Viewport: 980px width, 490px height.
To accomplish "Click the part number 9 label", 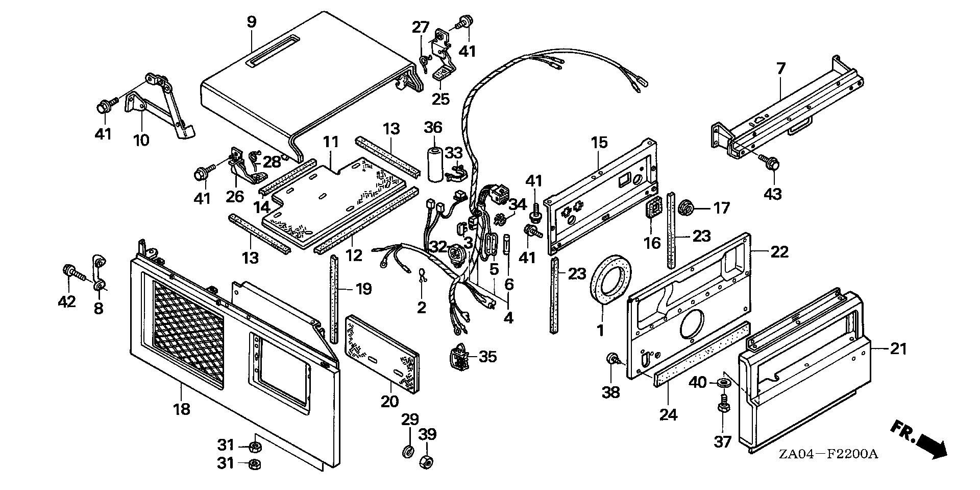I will tap(251, 22).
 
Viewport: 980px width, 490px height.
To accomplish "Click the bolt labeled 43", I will tap(770, 163).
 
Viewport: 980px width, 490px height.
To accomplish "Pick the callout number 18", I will tap(182, 409).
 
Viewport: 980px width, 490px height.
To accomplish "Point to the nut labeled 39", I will tap(426, 462).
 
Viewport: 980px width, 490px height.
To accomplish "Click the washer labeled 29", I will tap(408, 451).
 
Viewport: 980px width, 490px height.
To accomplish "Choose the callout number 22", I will tap(779, 252).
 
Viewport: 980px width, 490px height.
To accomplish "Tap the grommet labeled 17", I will tap(685, 208).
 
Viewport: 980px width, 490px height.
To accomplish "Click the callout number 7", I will tap(781, 69).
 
